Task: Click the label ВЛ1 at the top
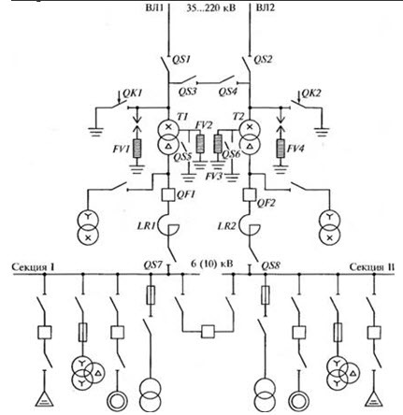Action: (154, 7)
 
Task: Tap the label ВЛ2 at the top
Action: (266, 7)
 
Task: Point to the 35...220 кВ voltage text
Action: (211, 7)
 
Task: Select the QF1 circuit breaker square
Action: (168, 194)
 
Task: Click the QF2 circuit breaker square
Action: (250, 194)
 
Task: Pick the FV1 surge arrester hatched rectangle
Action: (137, 149)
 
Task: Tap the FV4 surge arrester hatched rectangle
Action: (281, 149)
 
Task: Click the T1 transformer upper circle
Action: (168, 127)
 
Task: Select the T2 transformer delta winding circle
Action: (250, 146)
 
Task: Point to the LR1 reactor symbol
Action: (165, 225)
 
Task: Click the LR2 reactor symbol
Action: (246, 225)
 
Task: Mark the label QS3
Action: (188, 92)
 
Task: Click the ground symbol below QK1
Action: (96, 132)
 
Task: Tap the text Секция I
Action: (33, 267)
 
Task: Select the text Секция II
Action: (372, 267)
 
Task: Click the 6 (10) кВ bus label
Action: (212, 264)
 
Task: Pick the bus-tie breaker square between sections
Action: (208, 332)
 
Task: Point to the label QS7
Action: (152, 265)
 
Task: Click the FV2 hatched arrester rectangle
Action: (200, 144)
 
